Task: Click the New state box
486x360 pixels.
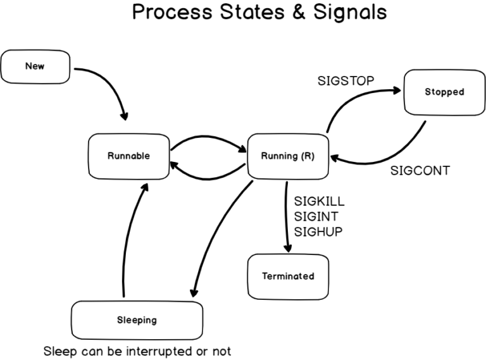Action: point(35,66)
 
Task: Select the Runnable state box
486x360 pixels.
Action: point(128,156)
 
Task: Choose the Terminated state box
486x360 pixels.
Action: point(288,276)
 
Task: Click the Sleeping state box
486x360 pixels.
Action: point(137,320)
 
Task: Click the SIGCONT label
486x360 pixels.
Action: point(420,171)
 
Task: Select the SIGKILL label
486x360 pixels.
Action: point(319,202)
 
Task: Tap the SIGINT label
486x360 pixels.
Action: point(316,217)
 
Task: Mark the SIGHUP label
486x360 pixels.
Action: point(318,232)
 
